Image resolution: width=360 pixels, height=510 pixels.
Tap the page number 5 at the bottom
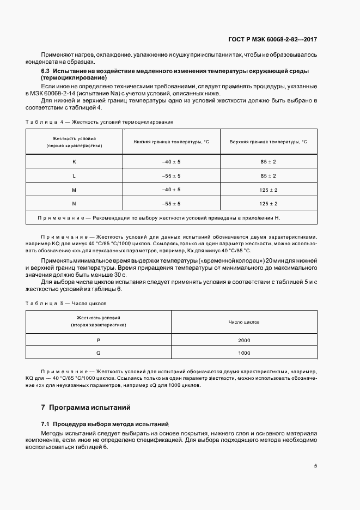[x=315, y=465]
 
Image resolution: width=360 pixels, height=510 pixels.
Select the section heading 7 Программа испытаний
[x=86, y=407]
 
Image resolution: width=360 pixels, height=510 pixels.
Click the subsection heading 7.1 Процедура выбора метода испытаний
[x=105, y=424]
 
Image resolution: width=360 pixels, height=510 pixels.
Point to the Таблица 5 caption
[x=66, y=303]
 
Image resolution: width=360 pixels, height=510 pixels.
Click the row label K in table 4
[x=74, y=162]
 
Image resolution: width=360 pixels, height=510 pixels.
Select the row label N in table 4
[x=74, y=203]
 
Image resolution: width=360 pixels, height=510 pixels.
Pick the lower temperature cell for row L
[x=171, y=176]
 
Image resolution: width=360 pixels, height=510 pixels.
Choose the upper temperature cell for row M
[x=269, y=190]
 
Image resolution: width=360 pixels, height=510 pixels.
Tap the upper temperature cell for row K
[x=269, y=162]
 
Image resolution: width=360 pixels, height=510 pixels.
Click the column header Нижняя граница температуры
[x=171, y=142]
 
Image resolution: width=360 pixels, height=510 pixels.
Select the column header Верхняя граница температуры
[x=269, y=142]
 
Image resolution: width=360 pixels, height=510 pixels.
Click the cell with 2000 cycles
[x=244, y=341]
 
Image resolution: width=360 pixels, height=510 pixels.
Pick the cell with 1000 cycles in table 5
[x=244, y=353]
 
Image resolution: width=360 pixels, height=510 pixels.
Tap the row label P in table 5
[x=99, y=341]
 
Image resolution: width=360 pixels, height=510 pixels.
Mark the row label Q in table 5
[x=99, y=353]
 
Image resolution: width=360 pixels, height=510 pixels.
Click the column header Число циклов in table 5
[x=244, y=322]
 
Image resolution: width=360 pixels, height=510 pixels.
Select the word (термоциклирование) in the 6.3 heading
[x=74, y=78]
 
